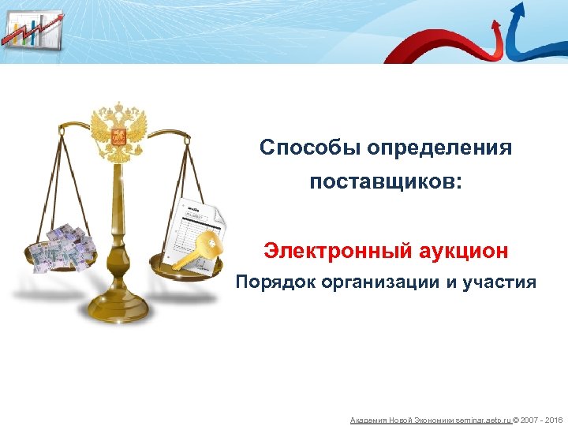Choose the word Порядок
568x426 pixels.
point(275,282)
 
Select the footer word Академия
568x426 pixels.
point(367,420)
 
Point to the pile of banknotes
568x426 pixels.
point(62,246)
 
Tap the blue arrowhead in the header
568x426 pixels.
point(518,10)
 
